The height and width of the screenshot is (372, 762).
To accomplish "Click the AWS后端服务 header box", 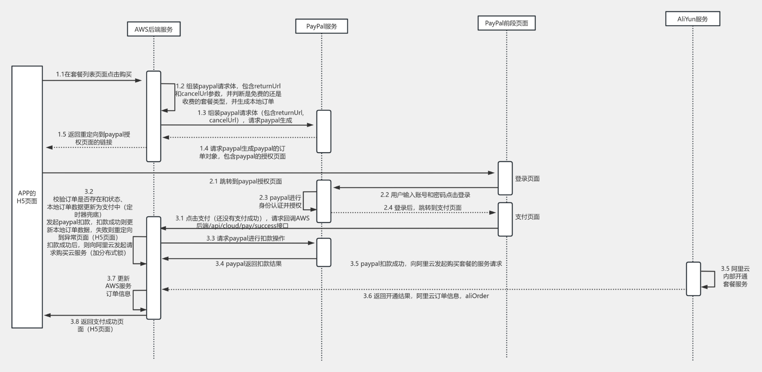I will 154,29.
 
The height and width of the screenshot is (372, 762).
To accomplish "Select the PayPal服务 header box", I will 321,26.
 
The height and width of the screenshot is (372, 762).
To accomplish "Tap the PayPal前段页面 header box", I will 506,23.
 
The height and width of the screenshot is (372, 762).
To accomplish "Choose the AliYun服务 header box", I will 693,19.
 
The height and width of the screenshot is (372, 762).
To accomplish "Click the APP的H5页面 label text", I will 27,197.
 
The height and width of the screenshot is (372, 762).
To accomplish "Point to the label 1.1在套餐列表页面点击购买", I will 94,74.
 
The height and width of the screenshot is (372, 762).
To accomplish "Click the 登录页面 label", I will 527,179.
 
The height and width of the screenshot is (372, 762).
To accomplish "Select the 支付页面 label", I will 527,217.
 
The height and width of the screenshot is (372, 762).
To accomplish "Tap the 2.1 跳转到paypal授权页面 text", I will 246,181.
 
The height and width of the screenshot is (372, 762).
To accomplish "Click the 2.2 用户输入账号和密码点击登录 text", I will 425,195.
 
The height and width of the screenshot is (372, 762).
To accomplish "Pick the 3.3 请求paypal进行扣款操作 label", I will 245,238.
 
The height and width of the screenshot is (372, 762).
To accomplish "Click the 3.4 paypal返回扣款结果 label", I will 248,264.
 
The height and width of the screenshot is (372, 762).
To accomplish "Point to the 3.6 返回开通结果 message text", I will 426,296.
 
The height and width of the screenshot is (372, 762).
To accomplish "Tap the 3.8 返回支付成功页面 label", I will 97,325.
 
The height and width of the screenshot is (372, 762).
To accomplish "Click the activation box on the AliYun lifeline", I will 693,279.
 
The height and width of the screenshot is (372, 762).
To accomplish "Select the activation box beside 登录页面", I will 505,178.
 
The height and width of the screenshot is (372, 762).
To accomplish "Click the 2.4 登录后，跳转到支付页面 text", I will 422,208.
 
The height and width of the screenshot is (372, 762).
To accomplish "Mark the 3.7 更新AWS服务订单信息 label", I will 118,286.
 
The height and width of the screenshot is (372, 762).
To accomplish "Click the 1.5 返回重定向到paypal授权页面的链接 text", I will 94,138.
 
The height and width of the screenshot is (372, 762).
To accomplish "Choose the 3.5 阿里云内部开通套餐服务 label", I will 735,276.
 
